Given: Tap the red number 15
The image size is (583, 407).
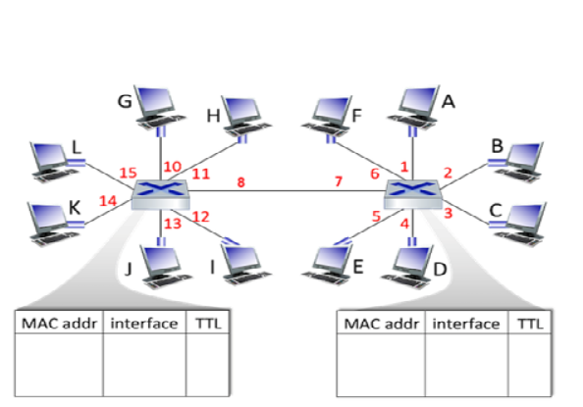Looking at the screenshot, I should (128, 174).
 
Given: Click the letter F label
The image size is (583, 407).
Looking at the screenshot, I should (357, 116).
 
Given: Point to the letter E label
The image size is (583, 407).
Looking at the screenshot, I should (356, 265).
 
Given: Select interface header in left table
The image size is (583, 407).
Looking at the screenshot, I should (144, 324).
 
